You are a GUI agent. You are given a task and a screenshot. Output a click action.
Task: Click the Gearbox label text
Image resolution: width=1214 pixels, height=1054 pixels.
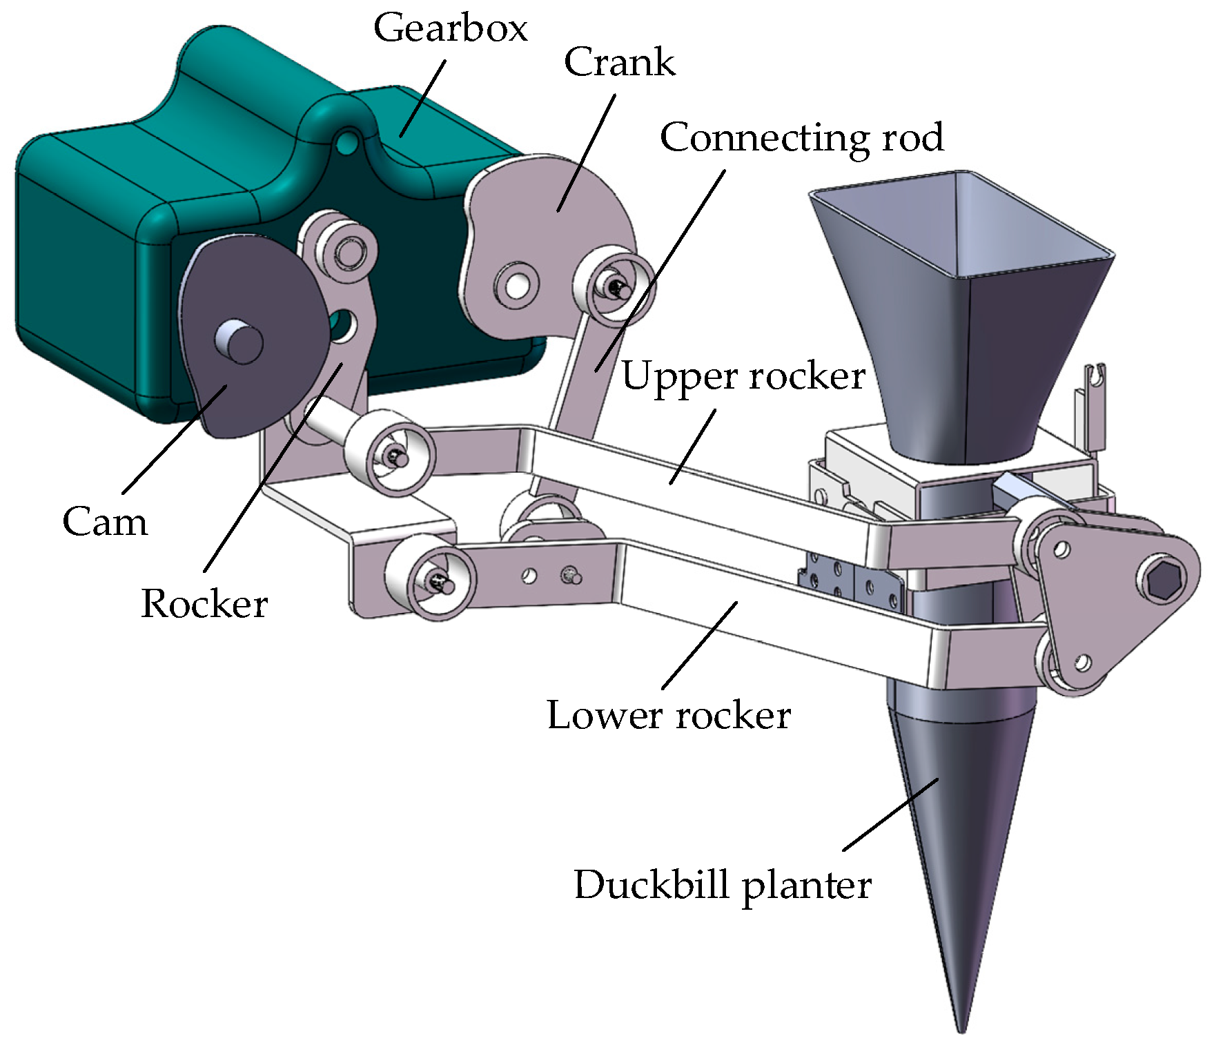click(450, 29)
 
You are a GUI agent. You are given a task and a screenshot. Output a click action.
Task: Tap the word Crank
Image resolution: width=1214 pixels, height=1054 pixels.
click(619, 63)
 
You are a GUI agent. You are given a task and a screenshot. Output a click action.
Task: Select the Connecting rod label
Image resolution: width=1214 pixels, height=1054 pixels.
click(801, 137)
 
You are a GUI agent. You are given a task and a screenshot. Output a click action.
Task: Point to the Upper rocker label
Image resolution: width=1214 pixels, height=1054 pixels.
click(743, 377)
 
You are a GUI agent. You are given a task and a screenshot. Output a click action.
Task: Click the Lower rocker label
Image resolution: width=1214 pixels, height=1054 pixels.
click(668, 715)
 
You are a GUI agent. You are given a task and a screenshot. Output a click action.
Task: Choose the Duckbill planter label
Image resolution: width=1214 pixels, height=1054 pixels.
click(722, 885)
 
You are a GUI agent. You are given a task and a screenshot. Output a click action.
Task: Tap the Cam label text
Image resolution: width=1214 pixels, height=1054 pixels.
click(105, 522)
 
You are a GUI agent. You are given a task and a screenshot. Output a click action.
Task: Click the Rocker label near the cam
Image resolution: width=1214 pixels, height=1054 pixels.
click(204, 604)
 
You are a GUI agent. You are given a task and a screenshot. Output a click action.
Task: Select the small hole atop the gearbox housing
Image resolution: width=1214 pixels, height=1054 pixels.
click(346, 143)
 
